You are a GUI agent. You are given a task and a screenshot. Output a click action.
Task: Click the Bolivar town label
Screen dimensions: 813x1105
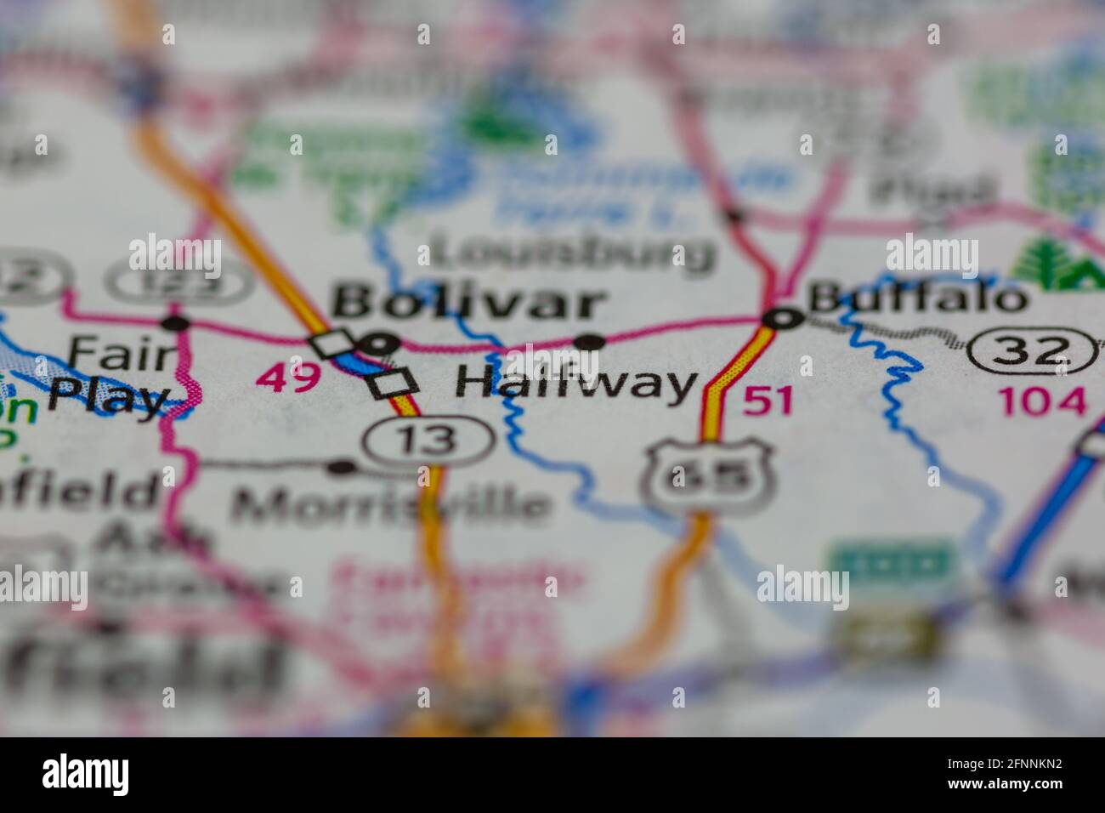(469, 304)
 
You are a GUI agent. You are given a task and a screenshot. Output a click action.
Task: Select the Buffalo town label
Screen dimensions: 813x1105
(916, 298)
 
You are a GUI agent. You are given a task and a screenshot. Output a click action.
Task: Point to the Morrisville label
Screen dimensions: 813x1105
(390, 504)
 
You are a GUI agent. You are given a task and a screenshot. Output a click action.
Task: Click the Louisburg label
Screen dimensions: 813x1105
(571, 253)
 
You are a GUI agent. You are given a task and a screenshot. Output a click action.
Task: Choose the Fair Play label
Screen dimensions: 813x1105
(110, 374)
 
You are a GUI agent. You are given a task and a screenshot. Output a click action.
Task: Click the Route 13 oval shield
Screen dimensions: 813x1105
(428, 439)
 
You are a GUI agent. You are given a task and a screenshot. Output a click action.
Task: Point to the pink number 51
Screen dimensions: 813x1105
(768, 400)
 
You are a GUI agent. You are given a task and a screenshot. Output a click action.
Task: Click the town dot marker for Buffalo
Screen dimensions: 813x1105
(782, 319)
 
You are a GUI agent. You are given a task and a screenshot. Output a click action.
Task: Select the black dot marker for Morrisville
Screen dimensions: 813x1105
(341, 467)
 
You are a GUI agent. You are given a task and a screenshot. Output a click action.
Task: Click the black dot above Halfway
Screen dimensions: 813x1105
(590, 343)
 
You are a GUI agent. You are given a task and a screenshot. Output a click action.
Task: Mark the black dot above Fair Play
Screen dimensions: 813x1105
(176, 322)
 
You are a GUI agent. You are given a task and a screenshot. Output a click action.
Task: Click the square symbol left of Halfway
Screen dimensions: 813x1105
(394, 384)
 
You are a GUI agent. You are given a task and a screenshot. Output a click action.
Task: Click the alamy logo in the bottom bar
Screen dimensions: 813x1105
(86, 774)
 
